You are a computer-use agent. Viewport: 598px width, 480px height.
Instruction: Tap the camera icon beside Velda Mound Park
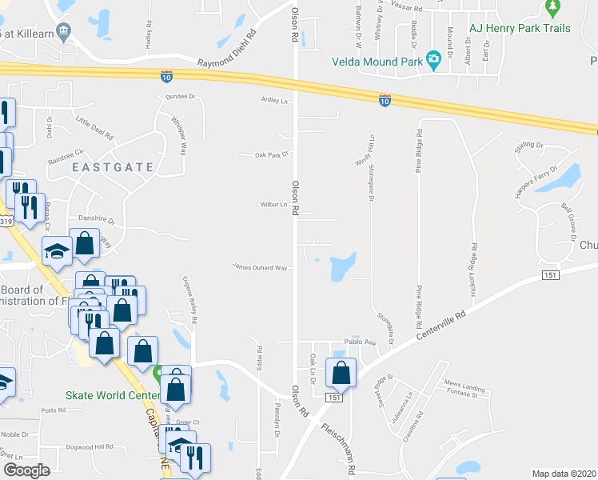(434, 59)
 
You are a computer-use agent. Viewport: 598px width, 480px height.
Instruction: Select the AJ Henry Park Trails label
(520, 28)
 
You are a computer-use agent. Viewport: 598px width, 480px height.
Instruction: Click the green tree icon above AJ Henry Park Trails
(552, 8)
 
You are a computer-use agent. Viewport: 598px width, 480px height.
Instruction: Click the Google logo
(26, 470)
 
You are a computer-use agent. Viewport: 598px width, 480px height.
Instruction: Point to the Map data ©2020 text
(564, 474)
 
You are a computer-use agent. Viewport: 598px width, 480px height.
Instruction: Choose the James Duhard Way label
(260, 267)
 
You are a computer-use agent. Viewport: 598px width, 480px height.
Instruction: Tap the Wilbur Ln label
(273, 205)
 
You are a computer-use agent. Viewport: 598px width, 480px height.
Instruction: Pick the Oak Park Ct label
(270, 154)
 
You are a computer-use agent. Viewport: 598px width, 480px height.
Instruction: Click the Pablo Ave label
(360, 342)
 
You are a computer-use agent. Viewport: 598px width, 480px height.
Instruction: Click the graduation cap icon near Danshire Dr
(57, 250)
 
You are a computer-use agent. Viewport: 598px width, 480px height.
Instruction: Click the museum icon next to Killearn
(65, 31)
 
